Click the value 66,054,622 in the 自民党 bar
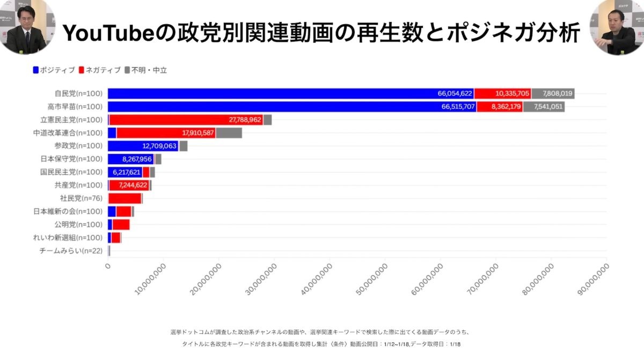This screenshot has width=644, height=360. click(x=455, y=93)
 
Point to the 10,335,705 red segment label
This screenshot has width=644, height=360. click(x=513, y=93)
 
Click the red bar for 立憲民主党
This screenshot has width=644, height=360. click(x=186, y=120)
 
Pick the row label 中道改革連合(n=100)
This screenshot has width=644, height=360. click(x=68, y=133)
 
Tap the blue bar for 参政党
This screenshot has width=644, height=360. click(x=143, y=146)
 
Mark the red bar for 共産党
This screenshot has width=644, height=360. click(x=129, y=185)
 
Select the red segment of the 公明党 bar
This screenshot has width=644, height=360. click(x=121, y=224)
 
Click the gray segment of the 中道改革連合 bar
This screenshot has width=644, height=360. click(x=229, y=133)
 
